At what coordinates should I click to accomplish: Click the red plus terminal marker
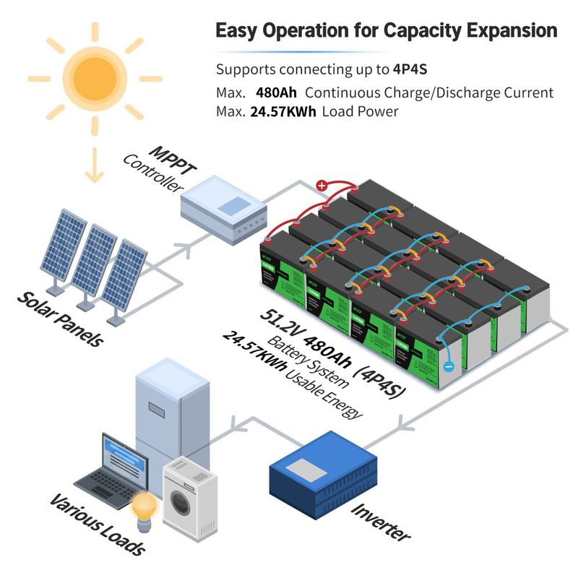click(x=322, y=186)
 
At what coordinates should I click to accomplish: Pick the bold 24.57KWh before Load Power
click(x=283, y=112)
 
